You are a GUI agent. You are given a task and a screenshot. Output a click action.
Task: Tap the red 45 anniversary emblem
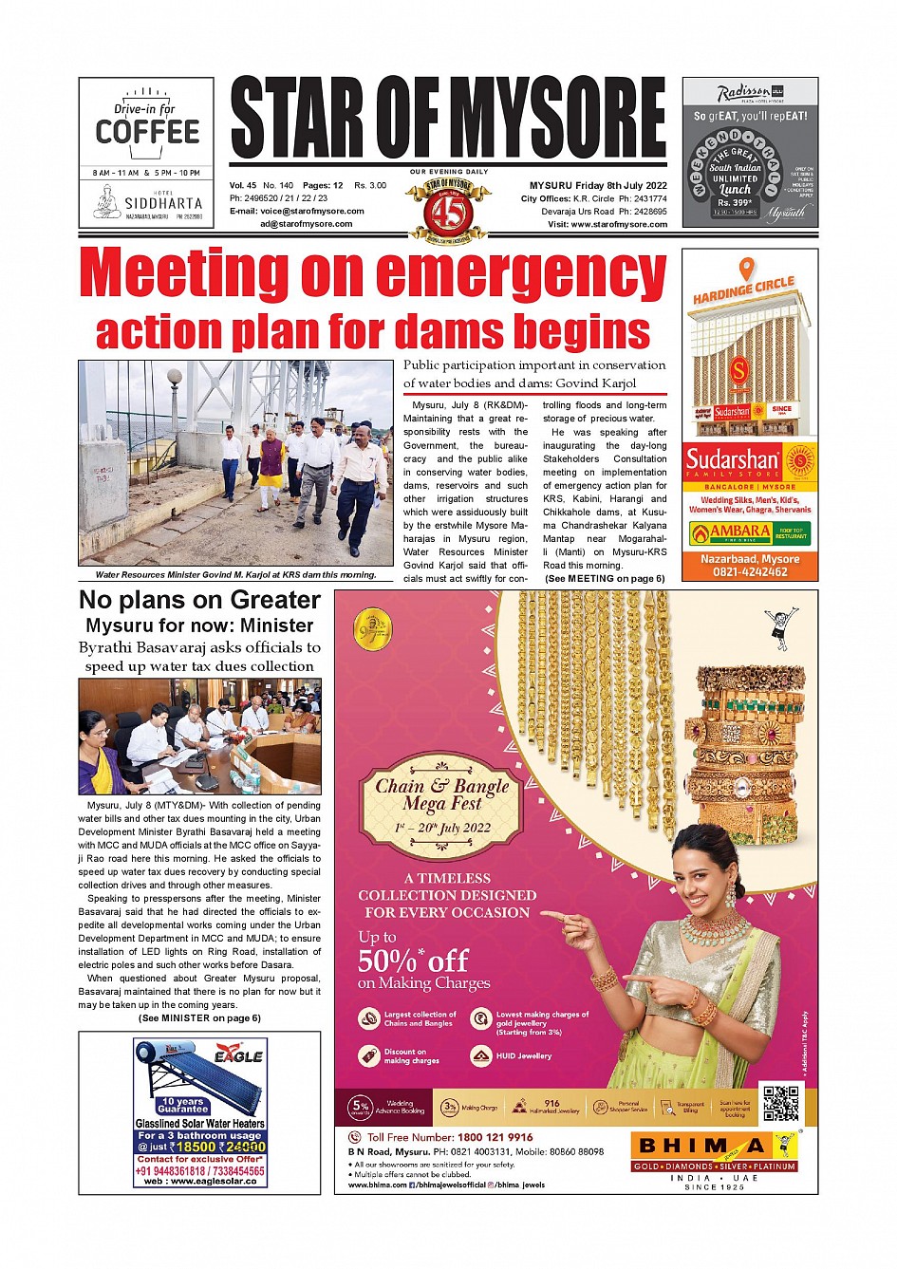coord(447,211)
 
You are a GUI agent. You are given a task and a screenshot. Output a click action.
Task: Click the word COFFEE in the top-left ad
coord(147,132)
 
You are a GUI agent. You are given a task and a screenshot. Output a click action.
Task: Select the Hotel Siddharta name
coord(163,203)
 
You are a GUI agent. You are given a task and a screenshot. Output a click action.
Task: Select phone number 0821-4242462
coord(749,572)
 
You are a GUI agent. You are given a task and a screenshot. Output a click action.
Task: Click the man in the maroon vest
coord(272,465)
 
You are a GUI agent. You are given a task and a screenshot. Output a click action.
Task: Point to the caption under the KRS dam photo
coord(235,574)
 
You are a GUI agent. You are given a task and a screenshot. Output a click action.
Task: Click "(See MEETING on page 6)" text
coord(605,578)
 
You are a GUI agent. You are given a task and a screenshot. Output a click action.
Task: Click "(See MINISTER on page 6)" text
coord(199,1017)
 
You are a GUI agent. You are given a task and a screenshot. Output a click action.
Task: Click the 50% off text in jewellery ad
coord(413,961)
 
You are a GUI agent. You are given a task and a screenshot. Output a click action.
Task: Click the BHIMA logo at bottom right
coord(702,1146)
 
